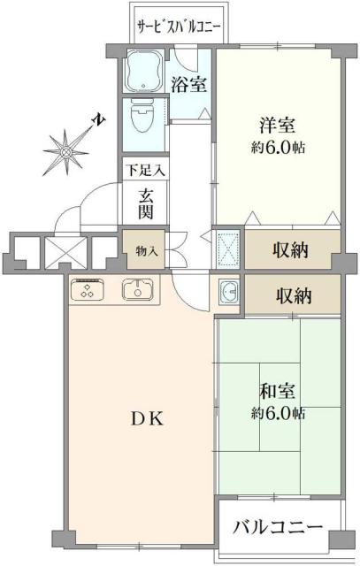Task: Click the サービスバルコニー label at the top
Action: coord(180,27)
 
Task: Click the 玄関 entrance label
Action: coord(147,203)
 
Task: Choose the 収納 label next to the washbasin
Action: coord(292,294)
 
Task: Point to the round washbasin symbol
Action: coord(229,292)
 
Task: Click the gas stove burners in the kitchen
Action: coord(88,288)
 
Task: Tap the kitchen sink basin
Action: coord(137,288)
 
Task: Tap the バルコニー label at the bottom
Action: coord(278,528)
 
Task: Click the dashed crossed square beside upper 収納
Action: coord(228,249)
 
